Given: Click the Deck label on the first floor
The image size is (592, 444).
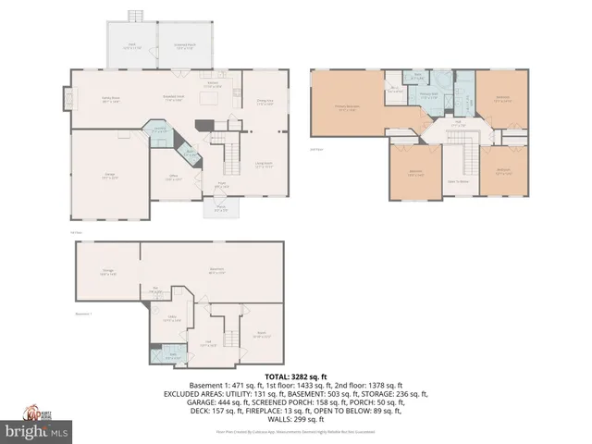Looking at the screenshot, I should click(132, 44).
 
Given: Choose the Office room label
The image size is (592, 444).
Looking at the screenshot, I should click(172, 179).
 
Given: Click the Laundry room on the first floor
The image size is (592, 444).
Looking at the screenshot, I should click(159, 130).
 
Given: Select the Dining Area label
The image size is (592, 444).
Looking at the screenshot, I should click(264, 102).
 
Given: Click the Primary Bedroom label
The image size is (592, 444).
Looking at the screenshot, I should click(347, 107).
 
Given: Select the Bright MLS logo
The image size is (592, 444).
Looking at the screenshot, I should click(37, 431).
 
